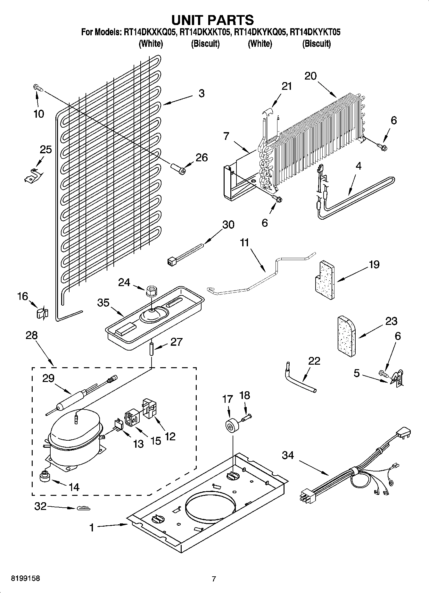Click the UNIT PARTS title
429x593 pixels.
click(213, 20)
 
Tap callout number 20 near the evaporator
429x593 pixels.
click(310, 76)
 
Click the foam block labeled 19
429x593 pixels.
click(324, 280)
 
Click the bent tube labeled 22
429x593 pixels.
click(299, 379)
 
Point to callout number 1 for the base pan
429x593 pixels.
click(92, 527)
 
